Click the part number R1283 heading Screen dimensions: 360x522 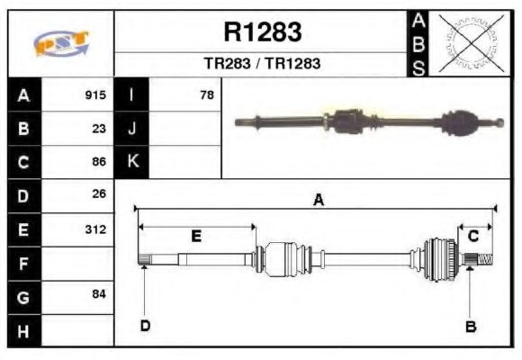[x=262, y=32]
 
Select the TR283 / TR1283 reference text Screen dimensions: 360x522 [x=262, y=64]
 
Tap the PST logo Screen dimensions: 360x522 [x=61, y=44]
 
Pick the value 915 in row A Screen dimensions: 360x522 [x=95, y=94]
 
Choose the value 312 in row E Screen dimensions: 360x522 [x=95, y=229]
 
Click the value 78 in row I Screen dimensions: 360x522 [x=206, y=94]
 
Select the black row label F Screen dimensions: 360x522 [x=24, y=263]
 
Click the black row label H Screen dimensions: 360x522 [x=24, y=330]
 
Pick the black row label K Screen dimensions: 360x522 [x=132, y=162]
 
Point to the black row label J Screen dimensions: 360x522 [x=132, y=128]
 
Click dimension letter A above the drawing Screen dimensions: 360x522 [x=318, y=201]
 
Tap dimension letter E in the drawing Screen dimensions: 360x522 [x=196, y=237]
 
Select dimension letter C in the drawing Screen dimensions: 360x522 [x=472, y=237]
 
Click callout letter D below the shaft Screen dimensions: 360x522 [x=144, y=326]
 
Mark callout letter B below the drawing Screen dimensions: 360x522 [x=470, y=326]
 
